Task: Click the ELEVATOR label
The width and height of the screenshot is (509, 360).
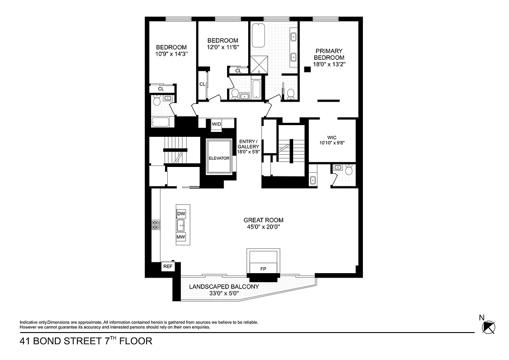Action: coord(219,158)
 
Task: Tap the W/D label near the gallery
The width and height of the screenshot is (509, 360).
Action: coord(216,124)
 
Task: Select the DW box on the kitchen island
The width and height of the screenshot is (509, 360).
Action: coord(181,214)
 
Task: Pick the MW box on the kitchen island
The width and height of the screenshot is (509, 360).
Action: coord(181,237)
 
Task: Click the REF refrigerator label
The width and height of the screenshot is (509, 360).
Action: coord(168,266)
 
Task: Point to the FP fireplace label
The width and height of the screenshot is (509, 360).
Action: coord(263,269)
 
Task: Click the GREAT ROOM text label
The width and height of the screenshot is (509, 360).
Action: coord(263,220)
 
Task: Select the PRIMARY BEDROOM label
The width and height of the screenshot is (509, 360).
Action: coord(329,54)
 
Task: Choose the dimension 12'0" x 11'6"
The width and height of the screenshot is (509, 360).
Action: coord(223,47)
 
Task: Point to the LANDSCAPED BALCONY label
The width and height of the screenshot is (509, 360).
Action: coord(224,287)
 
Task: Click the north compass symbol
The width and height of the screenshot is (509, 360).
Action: coord(488,327)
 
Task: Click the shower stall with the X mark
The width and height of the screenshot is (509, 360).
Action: coord(259,64)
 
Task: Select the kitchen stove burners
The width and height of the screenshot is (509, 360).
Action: coord(156,225)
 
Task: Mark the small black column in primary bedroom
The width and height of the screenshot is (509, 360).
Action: coord(308,69)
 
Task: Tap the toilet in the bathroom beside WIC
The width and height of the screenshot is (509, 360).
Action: coord(348,170)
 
